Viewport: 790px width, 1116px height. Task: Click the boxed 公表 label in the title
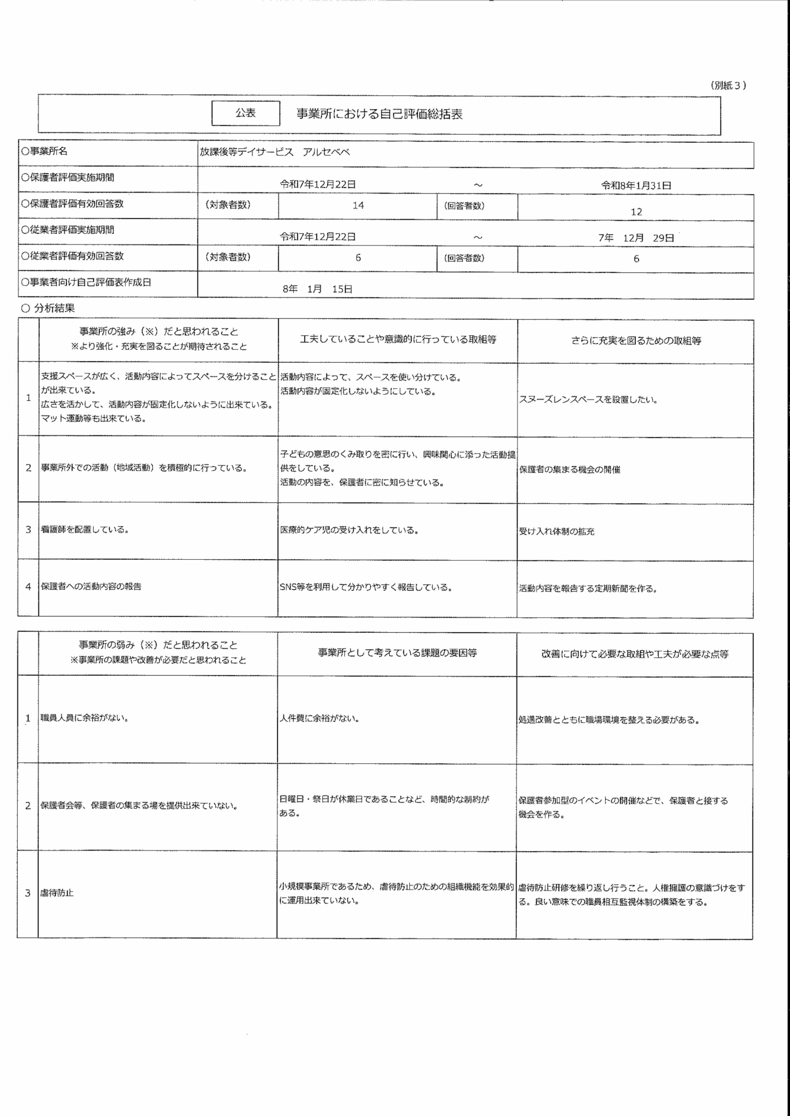(246, 113)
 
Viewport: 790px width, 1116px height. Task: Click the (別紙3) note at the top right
(728, 85)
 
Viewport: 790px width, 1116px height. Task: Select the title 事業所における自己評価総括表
(379, 114)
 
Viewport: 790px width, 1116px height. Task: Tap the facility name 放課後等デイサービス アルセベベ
(275, 152)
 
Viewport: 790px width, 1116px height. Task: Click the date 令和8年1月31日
(636, 185)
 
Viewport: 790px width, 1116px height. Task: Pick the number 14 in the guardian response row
(358, 205)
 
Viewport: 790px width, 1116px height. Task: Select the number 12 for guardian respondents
(636, 212)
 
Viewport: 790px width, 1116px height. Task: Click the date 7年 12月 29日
(636, 238)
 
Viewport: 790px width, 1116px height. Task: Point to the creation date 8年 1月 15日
(317, 289)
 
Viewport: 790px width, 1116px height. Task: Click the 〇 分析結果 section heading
(48, 308)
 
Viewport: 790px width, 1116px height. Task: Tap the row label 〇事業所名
(45, 152)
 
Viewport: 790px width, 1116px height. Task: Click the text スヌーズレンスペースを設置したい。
(588, 400)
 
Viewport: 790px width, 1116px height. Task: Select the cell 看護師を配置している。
(85, 530)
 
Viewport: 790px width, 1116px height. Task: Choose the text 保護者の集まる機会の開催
(569, 470)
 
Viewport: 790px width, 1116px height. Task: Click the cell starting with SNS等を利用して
(366, 588)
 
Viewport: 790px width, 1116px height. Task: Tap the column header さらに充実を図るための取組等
(636, 340)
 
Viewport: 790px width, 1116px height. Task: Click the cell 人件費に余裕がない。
(319, 719)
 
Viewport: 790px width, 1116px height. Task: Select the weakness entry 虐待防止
(57, 893)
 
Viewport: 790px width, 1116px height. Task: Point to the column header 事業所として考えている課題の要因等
(397, 653)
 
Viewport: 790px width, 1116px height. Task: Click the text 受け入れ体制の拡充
(557, 532)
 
